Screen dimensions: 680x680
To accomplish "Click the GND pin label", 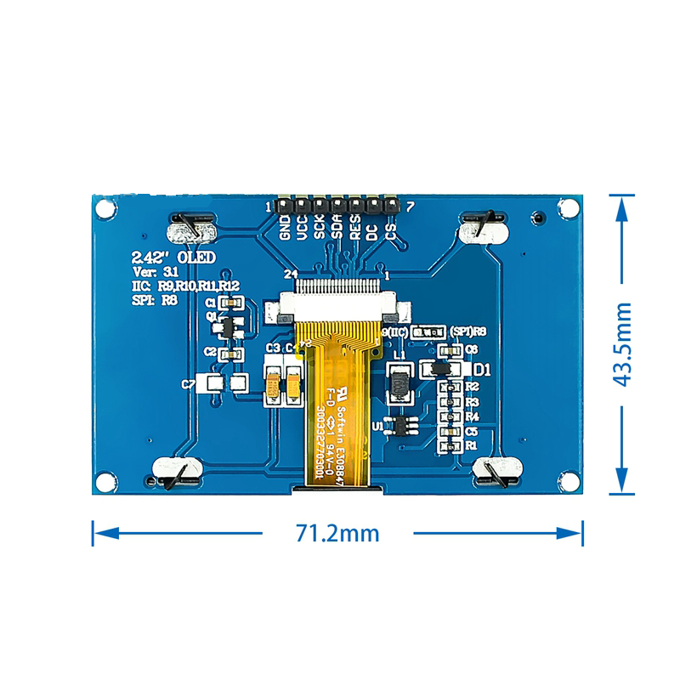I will tap(286, 229).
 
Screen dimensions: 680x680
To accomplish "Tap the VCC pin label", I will tap(303, 229).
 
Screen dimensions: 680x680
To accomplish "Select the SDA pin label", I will tap(337, 228).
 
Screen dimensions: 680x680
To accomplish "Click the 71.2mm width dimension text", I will tap(337, 533).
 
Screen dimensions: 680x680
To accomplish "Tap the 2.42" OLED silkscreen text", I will tap(161, 257).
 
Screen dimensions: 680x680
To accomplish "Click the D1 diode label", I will tap(482, 370).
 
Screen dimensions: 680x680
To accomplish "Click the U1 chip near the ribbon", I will tap(401, 425).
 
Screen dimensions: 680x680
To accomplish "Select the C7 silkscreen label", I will tap(188, 384).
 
